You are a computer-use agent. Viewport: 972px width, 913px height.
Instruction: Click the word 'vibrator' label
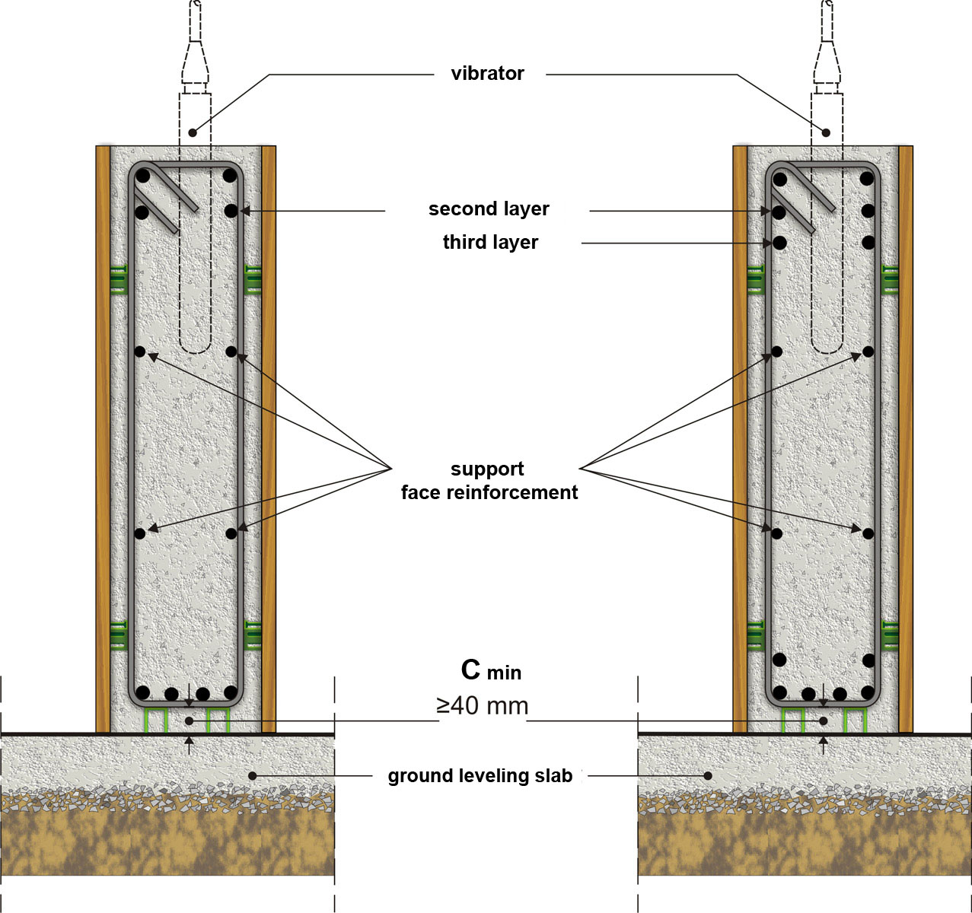(x=487, y=74)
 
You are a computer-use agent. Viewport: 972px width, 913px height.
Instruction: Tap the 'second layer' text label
(x=489, y=209)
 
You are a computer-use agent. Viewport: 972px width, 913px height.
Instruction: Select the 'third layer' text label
(x=490, y=243)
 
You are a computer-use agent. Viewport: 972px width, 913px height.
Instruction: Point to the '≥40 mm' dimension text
(x=483, y=706)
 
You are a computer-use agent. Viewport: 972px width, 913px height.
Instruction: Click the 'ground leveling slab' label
(x=480, y=777)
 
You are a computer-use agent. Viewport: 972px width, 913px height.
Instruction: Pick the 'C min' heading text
(x=491, y=670)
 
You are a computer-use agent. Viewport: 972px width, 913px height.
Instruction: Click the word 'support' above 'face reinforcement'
(x=487, y=469)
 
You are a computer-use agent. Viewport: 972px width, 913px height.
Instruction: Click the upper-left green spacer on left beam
(x=117, y=279)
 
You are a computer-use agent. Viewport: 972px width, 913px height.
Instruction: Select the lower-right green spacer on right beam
(x=889, y=635)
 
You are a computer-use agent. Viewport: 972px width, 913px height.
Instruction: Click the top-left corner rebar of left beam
(x=142, y=176)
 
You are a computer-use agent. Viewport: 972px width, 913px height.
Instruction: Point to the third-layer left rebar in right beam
(x=779, y=243)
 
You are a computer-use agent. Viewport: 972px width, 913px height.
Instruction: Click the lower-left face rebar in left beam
(x=140, y=533)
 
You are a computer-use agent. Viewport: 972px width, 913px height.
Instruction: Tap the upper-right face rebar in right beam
(x=868, y=352)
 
